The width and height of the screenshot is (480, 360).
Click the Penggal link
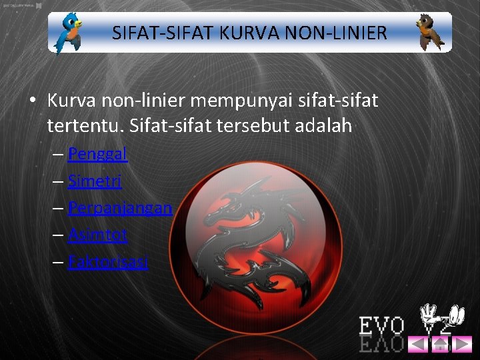(97, 154)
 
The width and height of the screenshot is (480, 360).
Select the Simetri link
(95, 181)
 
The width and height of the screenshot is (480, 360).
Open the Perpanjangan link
(120, 208)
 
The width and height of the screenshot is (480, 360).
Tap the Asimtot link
(97, 235)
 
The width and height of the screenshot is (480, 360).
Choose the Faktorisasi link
(108, 261)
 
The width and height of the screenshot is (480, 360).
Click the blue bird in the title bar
(69, 33)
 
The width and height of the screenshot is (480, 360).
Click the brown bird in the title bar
(431, 33)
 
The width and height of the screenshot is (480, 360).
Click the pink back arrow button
(418, 344)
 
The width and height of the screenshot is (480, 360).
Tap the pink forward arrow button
(462, 344)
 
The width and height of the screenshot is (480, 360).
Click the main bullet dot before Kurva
(32, 101)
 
